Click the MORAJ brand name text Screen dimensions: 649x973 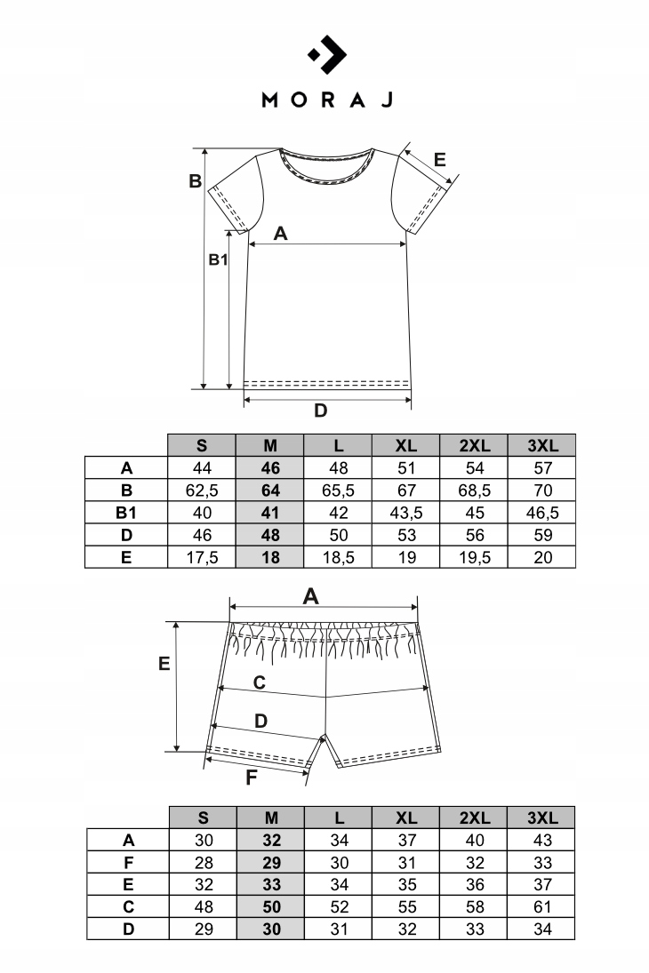click(x=326, y=99)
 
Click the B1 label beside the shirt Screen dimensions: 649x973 click(x=219, y=259)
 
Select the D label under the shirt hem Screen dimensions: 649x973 click(x=321, y=411)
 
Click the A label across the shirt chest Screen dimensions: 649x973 click(x=281, y=234)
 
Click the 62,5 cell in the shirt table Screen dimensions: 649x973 click(x=202, y=490)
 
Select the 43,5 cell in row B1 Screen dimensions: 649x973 click(x=405, y=513)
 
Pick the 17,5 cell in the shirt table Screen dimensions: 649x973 click(x=202, y=558)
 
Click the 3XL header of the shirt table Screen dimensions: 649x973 click(x=541, y=445)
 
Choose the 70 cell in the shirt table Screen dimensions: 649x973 click(x=541, y=490)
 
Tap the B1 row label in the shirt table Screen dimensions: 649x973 click(x=126, y=513)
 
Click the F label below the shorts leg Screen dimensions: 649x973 click(x=252, y=778)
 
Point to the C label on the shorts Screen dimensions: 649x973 click(x=259, y=682)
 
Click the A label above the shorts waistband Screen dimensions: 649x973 click(x=310, y=596)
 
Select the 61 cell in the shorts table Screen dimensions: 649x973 click(x=541, y=907)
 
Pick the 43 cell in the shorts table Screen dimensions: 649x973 click(x=541, y=840)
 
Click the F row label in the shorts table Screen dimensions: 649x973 click(x=128, y=862)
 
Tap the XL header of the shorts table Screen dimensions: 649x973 click(x=405, y=817)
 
